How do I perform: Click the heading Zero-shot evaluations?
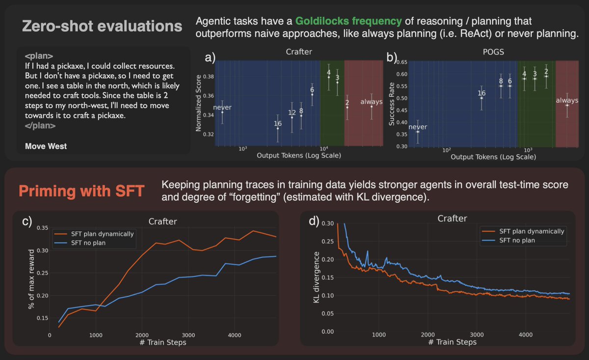[x=101, y=26]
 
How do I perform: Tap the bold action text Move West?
[x=46, y=146]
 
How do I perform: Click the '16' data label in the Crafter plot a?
[x=278, y=123]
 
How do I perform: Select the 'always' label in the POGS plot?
[x=567, y=101]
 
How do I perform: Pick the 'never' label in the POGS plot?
[x=418, y=127]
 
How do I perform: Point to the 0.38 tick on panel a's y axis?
[x=208, y=77]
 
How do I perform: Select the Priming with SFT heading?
[x=81, y=191]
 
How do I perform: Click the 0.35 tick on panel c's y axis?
[x=41, y=228]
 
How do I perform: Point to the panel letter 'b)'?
[x=393, y=57]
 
